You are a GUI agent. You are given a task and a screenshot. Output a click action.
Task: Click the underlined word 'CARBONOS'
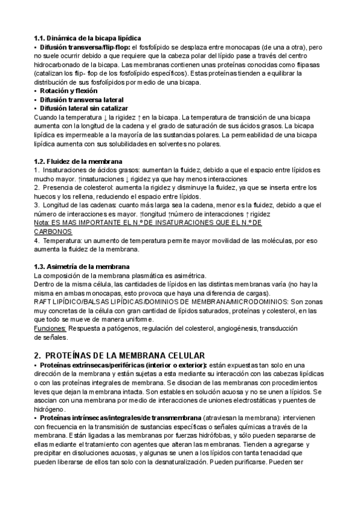point(53,231)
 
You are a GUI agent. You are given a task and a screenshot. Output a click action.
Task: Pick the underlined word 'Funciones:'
point(50,328)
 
